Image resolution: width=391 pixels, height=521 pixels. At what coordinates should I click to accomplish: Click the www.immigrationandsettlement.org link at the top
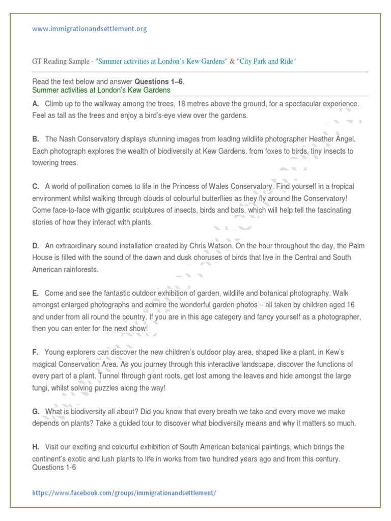89,29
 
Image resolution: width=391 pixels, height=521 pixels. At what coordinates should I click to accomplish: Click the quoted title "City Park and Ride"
266,62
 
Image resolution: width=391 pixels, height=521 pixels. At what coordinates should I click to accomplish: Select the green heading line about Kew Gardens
101,90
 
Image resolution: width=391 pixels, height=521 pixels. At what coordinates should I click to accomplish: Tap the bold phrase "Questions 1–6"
157,82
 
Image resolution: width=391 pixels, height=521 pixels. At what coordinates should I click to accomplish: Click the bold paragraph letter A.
35,104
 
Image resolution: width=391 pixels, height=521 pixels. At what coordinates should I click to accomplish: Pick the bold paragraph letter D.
35,246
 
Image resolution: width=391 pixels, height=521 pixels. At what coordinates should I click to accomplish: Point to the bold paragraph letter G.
36,411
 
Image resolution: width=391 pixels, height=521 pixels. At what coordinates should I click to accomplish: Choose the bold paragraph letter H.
35,447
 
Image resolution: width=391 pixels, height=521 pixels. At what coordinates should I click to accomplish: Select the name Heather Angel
334,139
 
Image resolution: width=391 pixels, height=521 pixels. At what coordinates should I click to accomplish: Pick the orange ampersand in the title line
233,62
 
